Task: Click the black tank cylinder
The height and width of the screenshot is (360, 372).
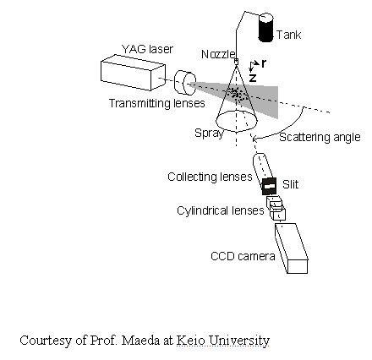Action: point(266,28)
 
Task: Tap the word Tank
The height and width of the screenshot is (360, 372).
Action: point(288,35)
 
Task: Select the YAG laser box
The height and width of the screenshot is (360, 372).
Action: point(133,73)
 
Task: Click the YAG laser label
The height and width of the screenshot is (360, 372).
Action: point(147,49)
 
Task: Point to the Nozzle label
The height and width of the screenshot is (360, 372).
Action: point(218,54)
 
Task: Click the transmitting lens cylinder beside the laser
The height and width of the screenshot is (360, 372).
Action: point(185,82)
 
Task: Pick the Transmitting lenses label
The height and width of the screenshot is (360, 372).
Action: point(157,103)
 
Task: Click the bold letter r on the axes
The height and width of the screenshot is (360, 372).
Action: point(264,64)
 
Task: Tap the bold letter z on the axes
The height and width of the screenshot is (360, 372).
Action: point(253,78)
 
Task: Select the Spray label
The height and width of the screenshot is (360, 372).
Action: point(209,133)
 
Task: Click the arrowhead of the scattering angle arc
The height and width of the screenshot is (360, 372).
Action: point(254,139)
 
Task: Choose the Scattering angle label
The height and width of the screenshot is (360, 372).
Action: point(320,137)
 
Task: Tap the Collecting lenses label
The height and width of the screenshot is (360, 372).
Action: point(210,177)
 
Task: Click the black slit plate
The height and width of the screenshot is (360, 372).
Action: point(269,186)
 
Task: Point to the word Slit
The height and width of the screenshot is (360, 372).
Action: point(290,184)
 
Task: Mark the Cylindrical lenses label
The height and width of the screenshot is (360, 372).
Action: point(221,210)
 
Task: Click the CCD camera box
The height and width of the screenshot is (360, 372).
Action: point(292,248)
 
